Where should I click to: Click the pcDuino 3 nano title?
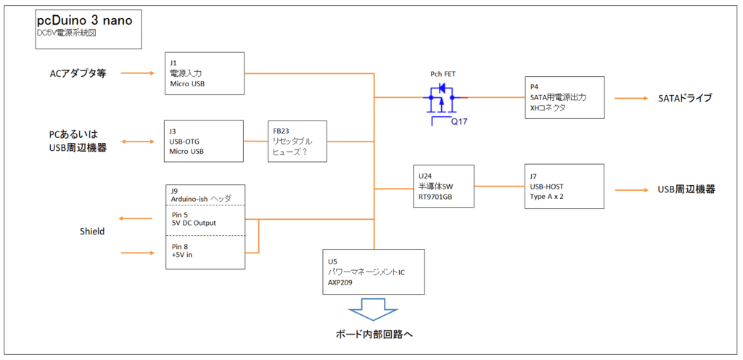click(84, 21)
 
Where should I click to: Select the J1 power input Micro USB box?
click(204, 73)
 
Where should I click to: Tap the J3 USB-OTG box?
click(204, 141)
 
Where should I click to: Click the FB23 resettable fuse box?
click(296, 141)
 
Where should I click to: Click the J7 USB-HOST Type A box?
click(565, 187)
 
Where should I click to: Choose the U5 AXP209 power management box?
click(373, 271)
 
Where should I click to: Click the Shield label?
click(92, 232)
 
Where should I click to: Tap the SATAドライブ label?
click(686, 98)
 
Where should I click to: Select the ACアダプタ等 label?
click(78, 73)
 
